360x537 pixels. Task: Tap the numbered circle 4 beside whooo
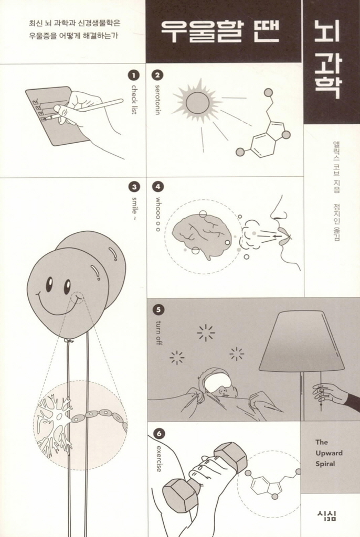(158, 187)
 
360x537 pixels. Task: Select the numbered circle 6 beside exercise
(158, 434)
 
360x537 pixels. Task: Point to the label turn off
(158, 332)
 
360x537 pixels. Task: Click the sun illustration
(197, 102)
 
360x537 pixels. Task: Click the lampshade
(302, 342)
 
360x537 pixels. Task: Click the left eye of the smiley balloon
(49, 283)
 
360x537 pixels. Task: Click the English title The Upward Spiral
(329, 453)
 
